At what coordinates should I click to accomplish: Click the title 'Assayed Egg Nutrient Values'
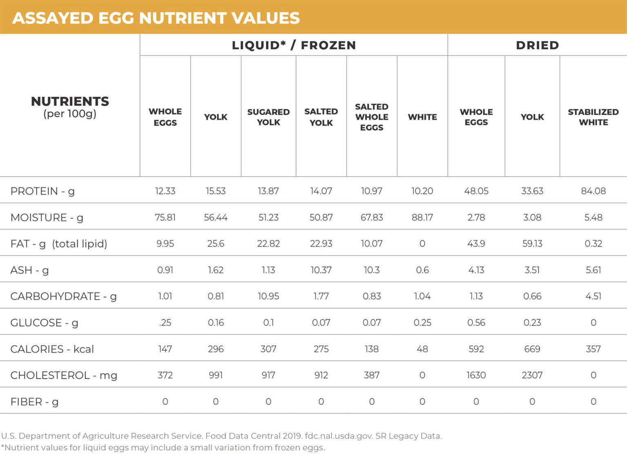156,18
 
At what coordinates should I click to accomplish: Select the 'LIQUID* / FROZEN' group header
293,45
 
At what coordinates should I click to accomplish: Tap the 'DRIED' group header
537,45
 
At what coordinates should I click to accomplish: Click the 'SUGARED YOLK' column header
268,117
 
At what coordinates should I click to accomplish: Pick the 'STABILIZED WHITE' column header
593,117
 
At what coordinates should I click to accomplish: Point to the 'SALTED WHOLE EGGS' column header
371,117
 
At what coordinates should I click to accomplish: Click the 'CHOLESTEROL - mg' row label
64,375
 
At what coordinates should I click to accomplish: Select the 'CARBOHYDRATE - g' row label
63,296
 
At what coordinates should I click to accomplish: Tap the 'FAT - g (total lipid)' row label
59,244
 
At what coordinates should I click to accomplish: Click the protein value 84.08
593,191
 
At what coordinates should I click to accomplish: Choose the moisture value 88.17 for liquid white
422,217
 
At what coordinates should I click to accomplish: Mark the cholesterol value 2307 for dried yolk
532,375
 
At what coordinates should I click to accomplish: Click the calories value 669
532,349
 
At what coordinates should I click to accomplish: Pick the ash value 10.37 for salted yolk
321,270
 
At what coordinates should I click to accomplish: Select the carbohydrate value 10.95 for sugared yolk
268,296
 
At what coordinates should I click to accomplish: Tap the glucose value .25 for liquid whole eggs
165,323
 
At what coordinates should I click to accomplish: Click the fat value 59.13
532,244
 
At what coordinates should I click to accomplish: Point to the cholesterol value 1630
476,375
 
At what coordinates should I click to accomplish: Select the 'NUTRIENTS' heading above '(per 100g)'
70,101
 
